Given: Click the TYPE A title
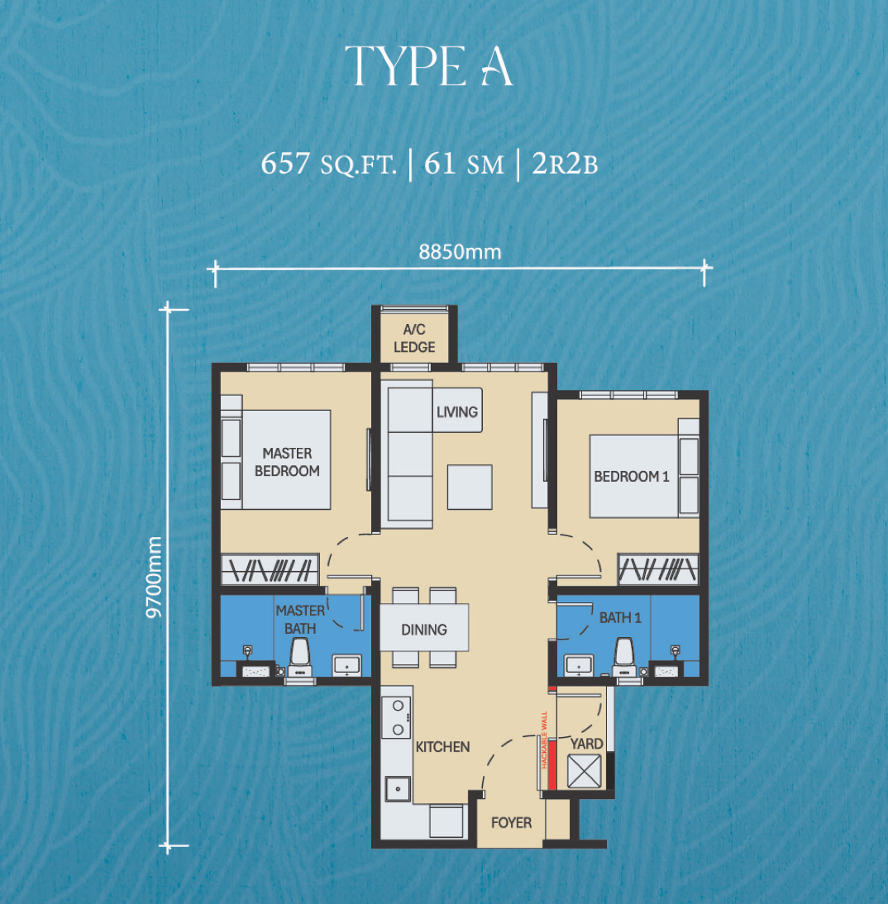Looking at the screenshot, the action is (429, 66).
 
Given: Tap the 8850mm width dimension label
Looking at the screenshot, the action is (460, 252).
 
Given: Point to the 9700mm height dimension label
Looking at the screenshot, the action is (154, 577).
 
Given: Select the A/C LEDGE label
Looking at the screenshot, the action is (414, 339).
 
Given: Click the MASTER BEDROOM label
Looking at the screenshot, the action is (287, 463).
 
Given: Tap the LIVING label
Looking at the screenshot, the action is (457, 412).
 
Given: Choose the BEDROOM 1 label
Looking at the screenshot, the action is (632, 476).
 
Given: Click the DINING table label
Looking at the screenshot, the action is (424, 630).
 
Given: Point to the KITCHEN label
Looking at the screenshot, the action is (442, 747).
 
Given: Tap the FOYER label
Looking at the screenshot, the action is (511, 823).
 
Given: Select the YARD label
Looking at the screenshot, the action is (587, 744).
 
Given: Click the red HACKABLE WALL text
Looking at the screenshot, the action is (543, 740).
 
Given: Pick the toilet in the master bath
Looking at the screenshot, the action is (299, 657).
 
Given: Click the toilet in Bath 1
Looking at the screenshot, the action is (625, 657).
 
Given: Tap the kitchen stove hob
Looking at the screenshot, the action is (396, 717).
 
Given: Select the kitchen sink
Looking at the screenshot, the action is (399, 788).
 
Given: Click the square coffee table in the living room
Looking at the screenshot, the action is (470, 488).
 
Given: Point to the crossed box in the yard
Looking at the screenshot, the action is (585, 771).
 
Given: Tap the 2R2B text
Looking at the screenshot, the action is (565, 164).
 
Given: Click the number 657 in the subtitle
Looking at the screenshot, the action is (285, 163).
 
